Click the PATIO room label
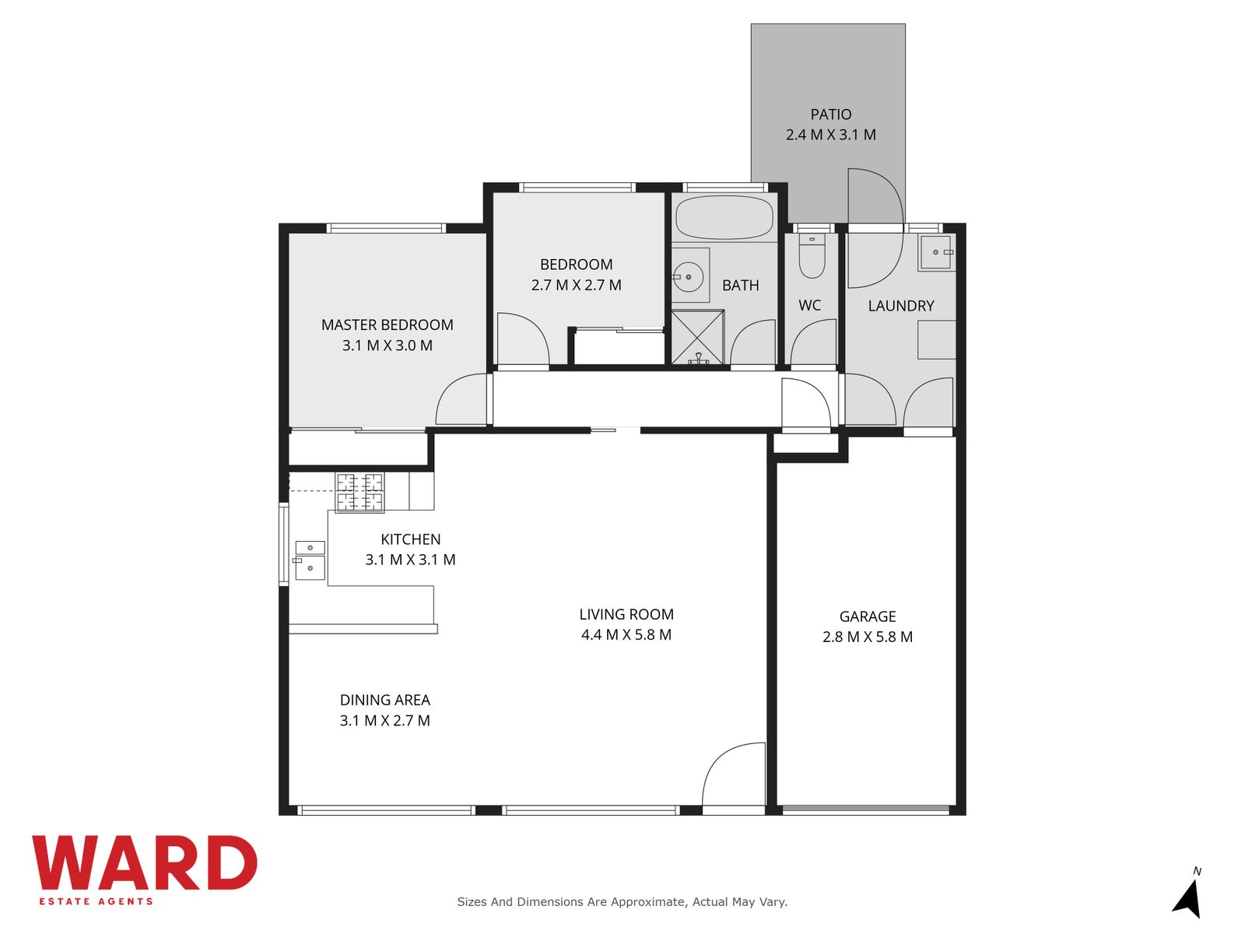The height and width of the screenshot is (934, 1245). tap(830, 114)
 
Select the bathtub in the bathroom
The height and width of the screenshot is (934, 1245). tap(724, 218)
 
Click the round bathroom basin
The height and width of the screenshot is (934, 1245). tap(689, 277)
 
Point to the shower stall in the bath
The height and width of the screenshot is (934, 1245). tap(698, 337)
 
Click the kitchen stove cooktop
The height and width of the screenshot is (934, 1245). tap(359, 492)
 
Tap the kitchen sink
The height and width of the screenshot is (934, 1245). tap(310, 560)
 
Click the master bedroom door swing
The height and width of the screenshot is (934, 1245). tap(461, 399)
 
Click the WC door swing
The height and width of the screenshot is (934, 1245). tap(813, 342)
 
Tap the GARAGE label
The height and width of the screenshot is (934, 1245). tap(868, 616)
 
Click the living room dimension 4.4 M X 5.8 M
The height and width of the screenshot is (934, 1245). tap(626, 634)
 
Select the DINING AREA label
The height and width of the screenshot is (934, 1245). tap(384, 700)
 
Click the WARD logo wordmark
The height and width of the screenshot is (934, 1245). tap(144, 862)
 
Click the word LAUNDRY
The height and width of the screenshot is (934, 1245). tap(901, 306)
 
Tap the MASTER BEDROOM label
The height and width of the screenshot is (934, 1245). tap(387, 325)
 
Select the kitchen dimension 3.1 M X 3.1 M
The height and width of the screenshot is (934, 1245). tap(410, 560)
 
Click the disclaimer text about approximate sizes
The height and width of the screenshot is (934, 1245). tap(622, 901)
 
